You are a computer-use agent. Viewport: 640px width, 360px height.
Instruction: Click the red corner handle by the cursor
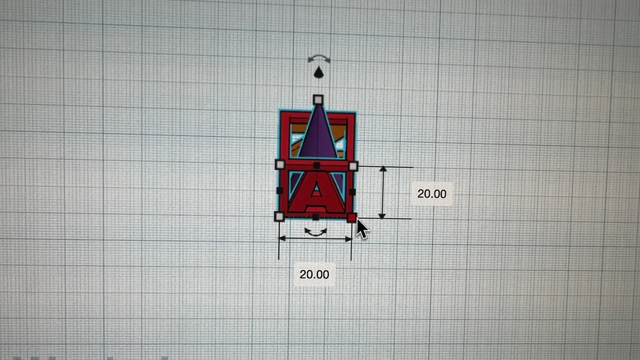tap(351, 217)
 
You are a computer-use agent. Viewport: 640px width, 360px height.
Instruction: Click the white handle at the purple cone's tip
tap(317, 100)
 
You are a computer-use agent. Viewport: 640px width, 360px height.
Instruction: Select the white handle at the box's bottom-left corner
tap(279, 216)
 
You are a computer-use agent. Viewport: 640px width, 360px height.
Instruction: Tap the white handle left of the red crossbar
tap(280, 164)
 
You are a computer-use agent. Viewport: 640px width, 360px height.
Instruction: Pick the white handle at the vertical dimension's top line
tap(353, 166)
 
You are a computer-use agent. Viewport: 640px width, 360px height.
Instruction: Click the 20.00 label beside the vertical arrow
tap(431, 194)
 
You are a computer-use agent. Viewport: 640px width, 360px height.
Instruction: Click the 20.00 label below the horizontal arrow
tap(314, 274)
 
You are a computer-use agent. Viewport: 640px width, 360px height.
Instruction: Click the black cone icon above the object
tap(318, 73)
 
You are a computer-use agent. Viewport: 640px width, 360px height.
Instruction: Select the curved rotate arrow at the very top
tap(319, 59)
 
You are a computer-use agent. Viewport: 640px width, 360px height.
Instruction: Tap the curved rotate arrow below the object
tap(315, 232)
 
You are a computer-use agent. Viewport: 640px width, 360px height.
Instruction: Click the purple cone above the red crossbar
tap(318, 135)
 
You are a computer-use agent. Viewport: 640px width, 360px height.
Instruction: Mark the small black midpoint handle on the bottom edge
tap(315, 217)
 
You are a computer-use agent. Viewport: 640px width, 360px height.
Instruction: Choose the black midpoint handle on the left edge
tap(279, 190)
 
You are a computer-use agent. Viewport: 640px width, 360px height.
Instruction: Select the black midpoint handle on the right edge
tap(352, 191)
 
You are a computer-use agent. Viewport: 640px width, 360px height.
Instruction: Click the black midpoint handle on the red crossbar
tap(316, 165)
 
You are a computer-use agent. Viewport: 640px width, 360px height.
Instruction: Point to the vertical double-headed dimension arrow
tap(382, 192)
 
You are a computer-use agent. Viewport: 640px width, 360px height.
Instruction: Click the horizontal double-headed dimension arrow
tap(315, 239)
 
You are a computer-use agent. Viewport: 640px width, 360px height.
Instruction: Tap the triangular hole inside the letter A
tap(316, 188)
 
